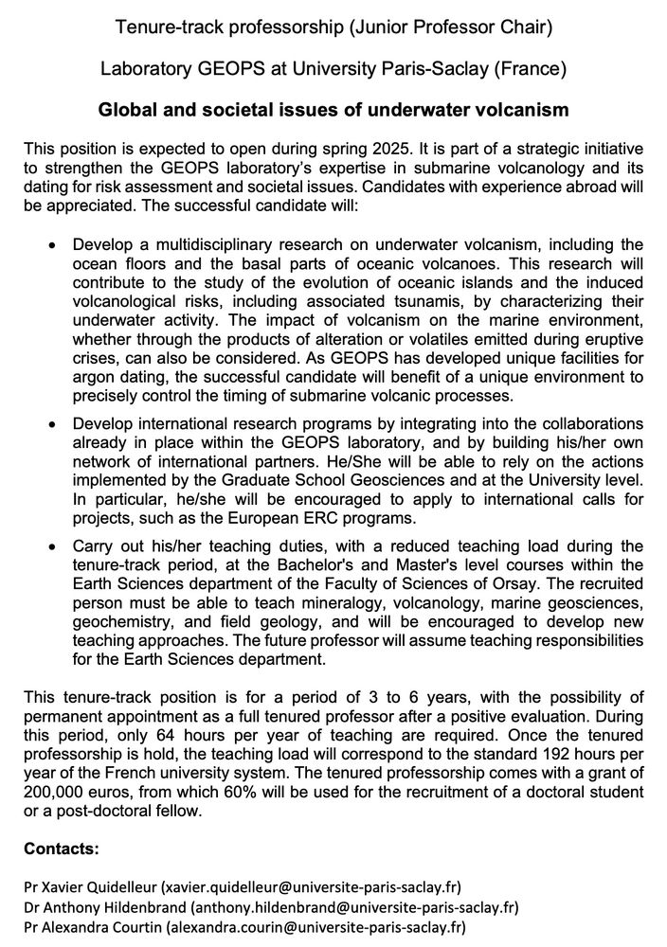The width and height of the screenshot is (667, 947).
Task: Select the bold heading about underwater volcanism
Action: (x=333, y=111)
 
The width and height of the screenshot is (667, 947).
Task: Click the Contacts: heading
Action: (x=62, y=849)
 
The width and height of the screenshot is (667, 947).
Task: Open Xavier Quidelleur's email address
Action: (x=311, y=887)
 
